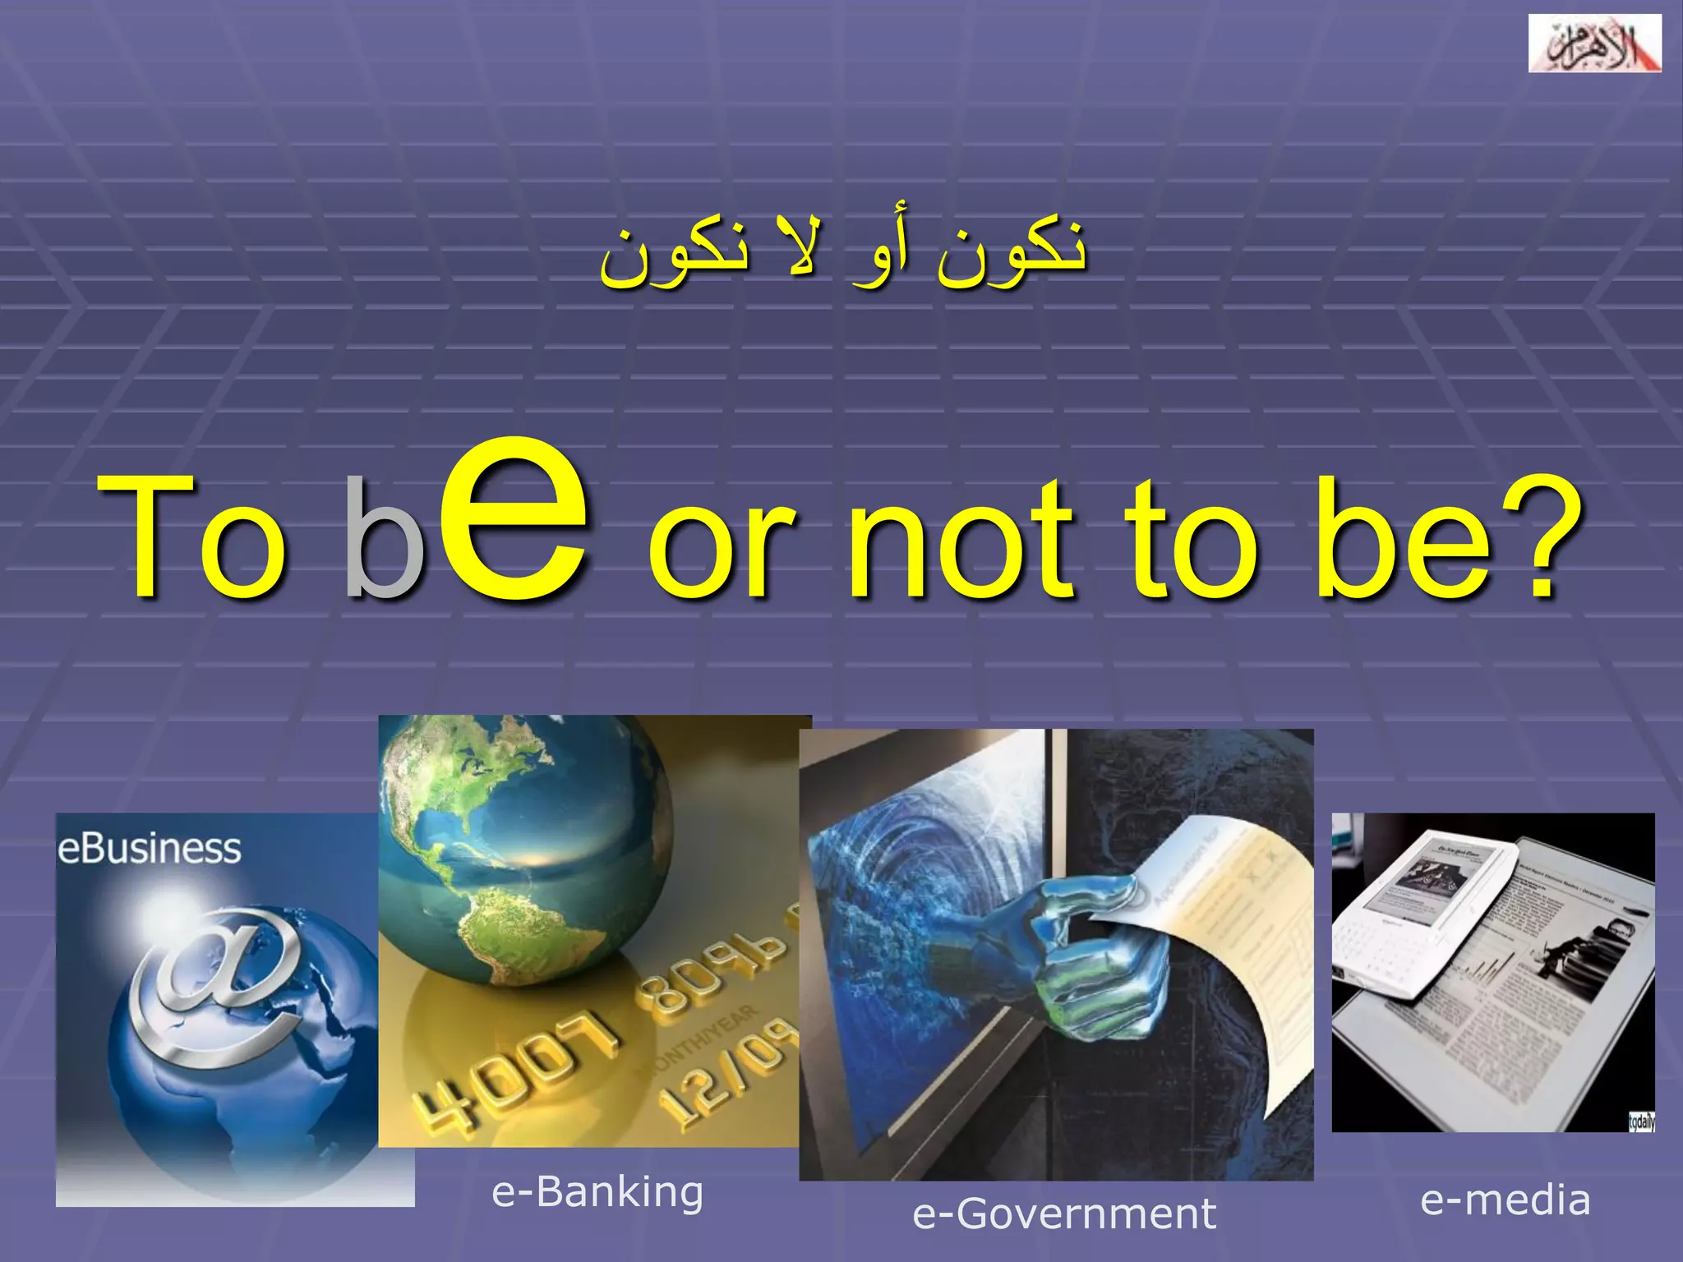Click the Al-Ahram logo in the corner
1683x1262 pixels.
click(x=1593, y=44)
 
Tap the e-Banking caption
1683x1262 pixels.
click(x=597, y=1193)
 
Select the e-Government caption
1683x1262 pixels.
click(x=1063, y=1214)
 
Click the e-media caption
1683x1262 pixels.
click(x=1505, y=1201)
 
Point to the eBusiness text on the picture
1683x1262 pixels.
click(x=149, y=849)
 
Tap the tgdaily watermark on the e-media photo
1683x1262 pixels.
click(x=1641, y=1122)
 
